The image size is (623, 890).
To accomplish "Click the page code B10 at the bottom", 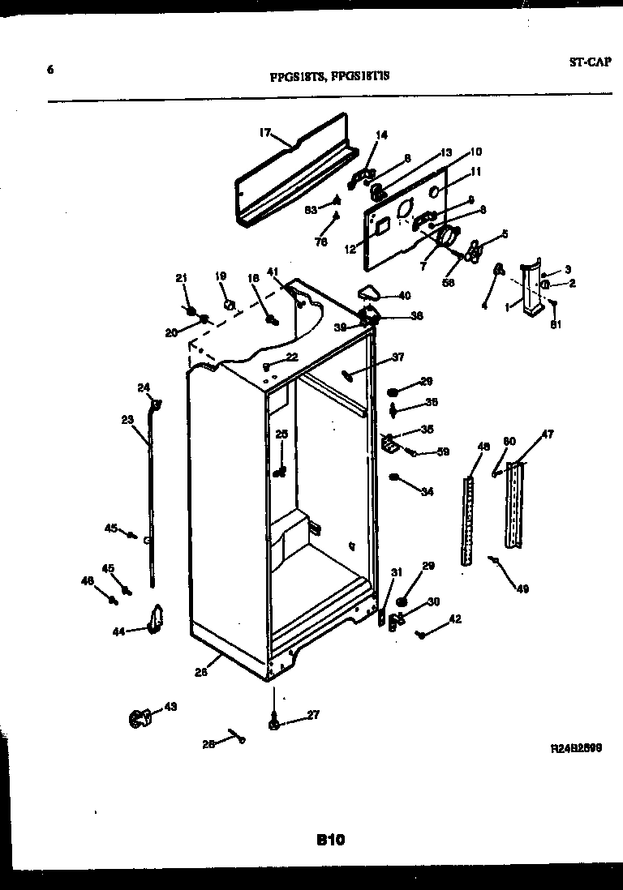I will click(330, 841).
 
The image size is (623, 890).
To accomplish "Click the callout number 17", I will click(264, 133).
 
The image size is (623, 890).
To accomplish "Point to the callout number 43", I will click(170, 707).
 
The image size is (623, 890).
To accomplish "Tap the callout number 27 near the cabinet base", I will click(312, 714).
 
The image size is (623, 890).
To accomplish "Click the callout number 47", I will click(548, 435).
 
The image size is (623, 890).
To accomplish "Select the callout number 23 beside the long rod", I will click(127, 419).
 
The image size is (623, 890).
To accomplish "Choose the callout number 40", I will click(403, 295).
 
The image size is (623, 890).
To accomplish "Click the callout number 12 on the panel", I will click(350, 250).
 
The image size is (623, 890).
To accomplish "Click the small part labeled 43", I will click(140, 717).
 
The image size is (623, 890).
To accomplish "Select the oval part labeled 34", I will click(394, 477).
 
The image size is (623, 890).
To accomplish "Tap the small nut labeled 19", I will click(229, 306).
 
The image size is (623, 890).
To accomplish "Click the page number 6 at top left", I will click(51, 70).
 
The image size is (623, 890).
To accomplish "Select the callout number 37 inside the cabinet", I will click(397, 357).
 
